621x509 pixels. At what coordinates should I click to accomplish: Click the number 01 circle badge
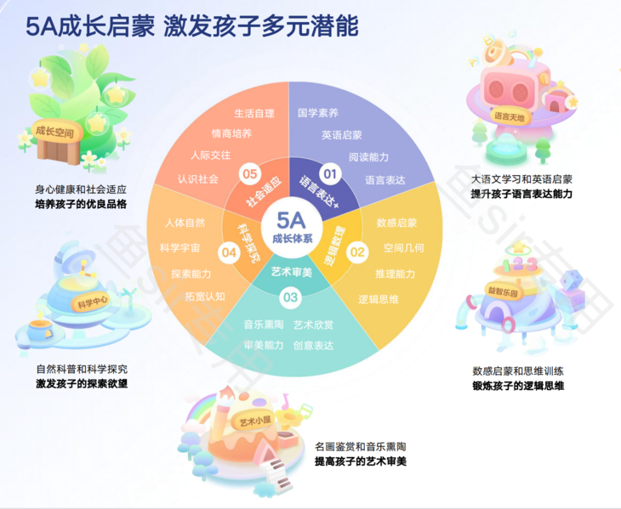pos(329,175)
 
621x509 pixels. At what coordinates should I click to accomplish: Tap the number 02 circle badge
pos(358,252)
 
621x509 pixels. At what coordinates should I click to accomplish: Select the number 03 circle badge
pos(290,297)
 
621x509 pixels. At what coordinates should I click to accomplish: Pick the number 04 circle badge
pos(228,252)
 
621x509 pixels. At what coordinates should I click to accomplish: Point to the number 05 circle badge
pos(250,174)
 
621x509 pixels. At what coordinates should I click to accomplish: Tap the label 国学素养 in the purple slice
pos(318,112)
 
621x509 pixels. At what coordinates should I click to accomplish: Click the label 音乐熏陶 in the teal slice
pos(263,325)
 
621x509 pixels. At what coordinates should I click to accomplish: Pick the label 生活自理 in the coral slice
pos(254,112)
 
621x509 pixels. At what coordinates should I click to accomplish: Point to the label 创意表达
pos(313,345)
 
